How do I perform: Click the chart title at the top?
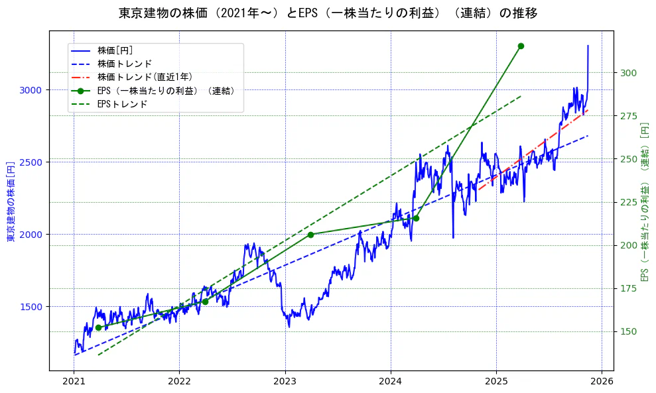[328, 13]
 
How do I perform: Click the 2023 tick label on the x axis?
[285, 382]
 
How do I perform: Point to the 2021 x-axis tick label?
[74, 382]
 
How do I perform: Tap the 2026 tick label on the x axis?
[602, 382]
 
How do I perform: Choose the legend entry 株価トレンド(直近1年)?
[145, 77]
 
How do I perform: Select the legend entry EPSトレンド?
[122, 104]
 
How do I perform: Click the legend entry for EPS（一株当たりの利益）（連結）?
[166, 91]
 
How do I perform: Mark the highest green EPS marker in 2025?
[521, 46]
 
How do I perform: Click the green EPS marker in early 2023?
[310, 235]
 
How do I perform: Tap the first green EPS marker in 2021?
[98, 327]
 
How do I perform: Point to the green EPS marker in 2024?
[416, 218]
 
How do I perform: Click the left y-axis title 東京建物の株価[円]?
[11, 201]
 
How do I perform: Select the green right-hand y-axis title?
[644, 201]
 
